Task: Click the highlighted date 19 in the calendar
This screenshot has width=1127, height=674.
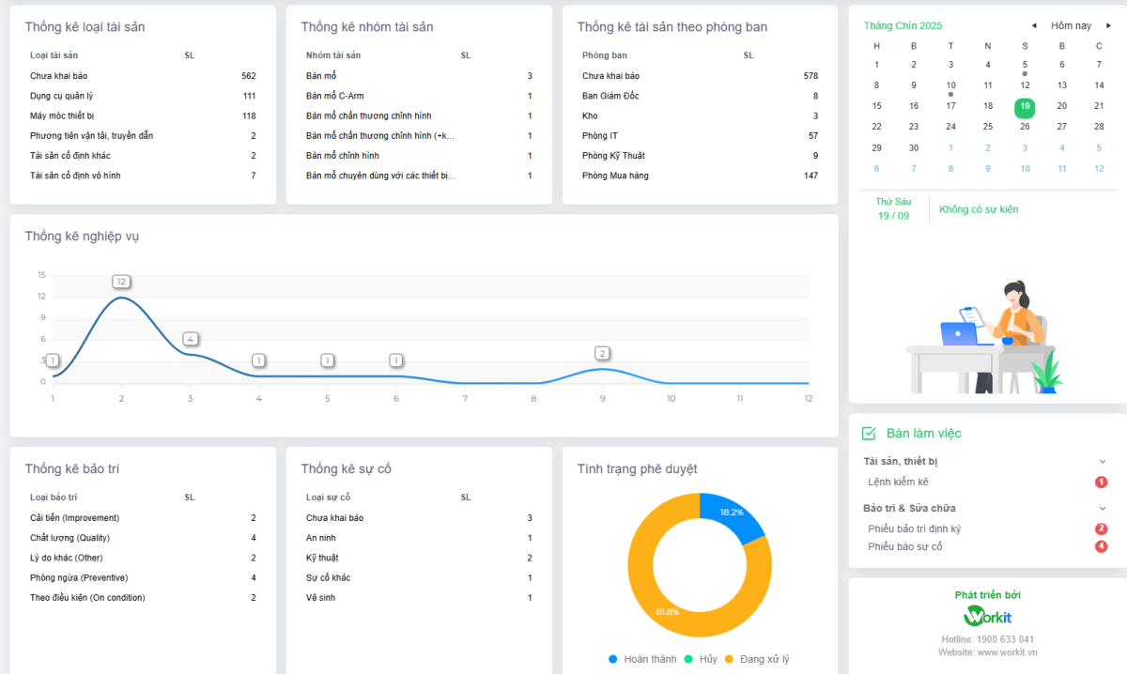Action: pyautogui.click(x=1025, y=107)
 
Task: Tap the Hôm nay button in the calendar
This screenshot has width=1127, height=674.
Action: pyautogui.click(x=1071, y=25)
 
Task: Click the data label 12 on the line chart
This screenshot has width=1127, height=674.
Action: pyautogui.click(x=121, y=282)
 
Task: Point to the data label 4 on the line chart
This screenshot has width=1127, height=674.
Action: pyautogui.click(x=190, y=339)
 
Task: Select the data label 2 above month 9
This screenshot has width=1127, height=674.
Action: pyautogui.click(x=602, y=354)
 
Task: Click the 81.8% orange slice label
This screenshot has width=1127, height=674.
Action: pyautogui.click(x=668, y=612)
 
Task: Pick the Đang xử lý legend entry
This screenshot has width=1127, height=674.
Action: pyautogui.click(x=764, y=659)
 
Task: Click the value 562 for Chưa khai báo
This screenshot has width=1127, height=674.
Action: pyautogui.click(x=248, y=76)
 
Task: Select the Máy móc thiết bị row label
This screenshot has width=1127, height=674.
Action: pyautogui.click(x=63, y=116)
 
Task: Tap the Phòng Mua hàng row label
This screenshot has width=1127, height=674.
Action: pyautogui.click(x=615, y=176)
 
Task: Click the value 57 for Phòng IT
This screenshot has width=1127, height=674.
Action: pyautogui.click(x=812, y=136)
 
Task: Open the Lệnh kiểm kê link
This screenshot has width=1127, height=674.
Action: pyautogui.click(x=898, y=482)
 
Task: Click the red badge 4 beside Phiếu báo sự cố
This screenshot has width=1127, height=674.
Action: pyautogui.click(x=1101, y=546)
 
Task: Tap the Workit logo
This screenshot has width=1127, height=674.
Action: pyautogui.click(x=987, y=617)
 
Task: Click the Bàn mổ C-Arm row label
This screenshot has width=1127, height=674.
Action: pyautogui.click(x=334, y=96)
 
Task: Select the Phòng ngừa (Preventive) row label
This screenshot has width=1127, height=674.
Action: pyautogui.click(x=79, y=577)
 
